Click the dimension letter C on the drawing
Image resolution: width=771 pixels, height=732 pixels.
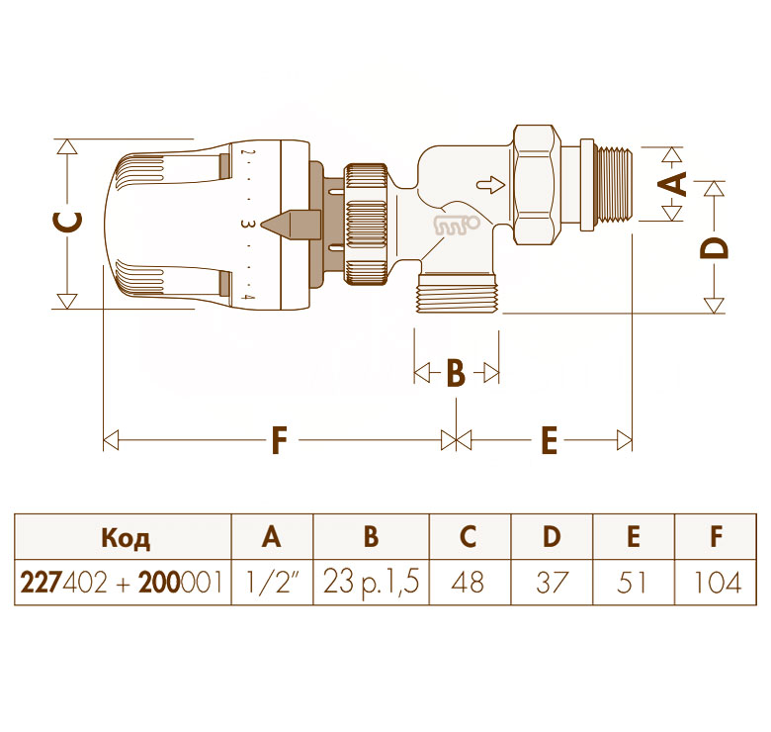pos(67,223)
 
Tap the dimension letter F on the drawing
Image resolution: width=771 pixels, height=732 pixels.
pos(280,440)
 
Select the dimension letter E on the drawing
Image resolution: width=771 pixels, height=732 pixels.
pos(550,440)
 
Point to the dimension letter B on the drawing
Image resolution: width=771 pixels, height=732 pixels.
pos(456,374)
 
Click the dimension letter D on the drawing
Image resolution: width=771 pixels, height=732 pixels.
pos(714,247)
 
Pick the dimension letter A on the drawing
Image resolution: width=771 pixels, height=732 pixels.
pos(672,184)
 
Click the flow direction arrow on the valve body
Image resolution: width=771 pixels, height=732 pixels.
pos(490,185)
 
